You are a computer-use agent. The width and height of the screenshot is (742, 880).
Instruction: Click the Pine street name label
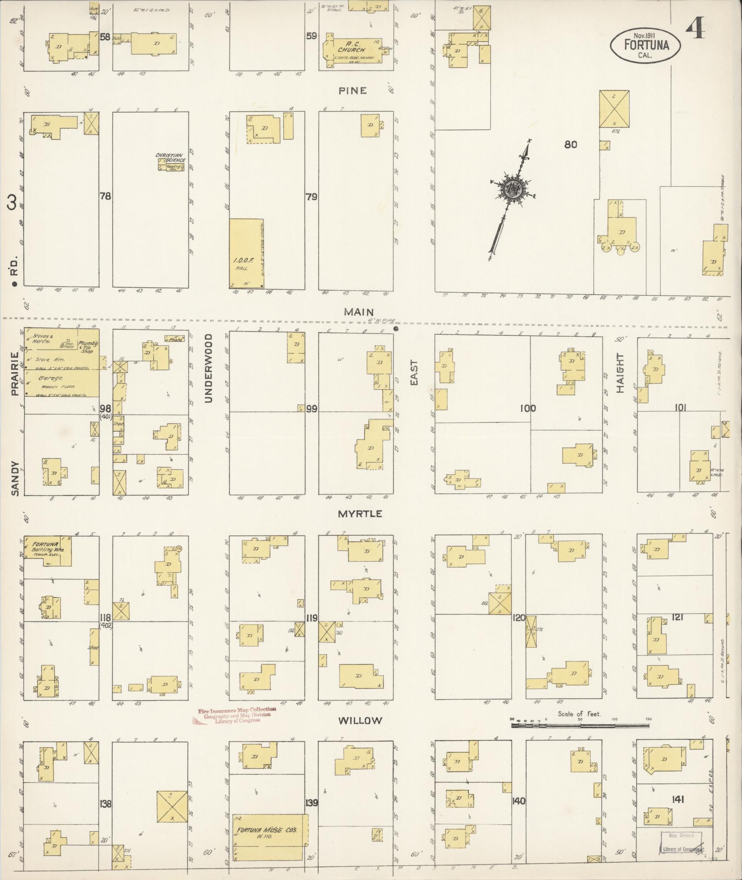click(353, 91)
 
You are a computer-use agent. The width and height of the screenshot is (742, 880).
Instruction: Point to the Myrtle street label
click(360, 514)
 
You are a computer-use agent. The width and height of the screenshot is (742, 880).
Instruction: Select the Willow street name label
click(360, 720)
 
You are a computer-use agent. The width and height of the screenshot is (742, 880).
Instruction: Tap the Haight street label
click(620, 373)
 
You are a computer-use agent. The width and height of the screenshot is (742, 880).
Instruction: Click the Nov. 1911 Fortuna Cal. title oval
click(645, 45)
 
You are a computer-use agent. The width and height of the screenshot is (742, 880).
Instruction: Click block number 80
click(570, 144)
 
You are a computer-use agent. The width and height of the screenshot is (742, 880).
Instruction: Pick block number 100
click(528, 408)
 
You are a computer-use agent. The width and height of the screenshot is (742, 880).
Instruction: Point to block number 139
click(311, 803)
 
